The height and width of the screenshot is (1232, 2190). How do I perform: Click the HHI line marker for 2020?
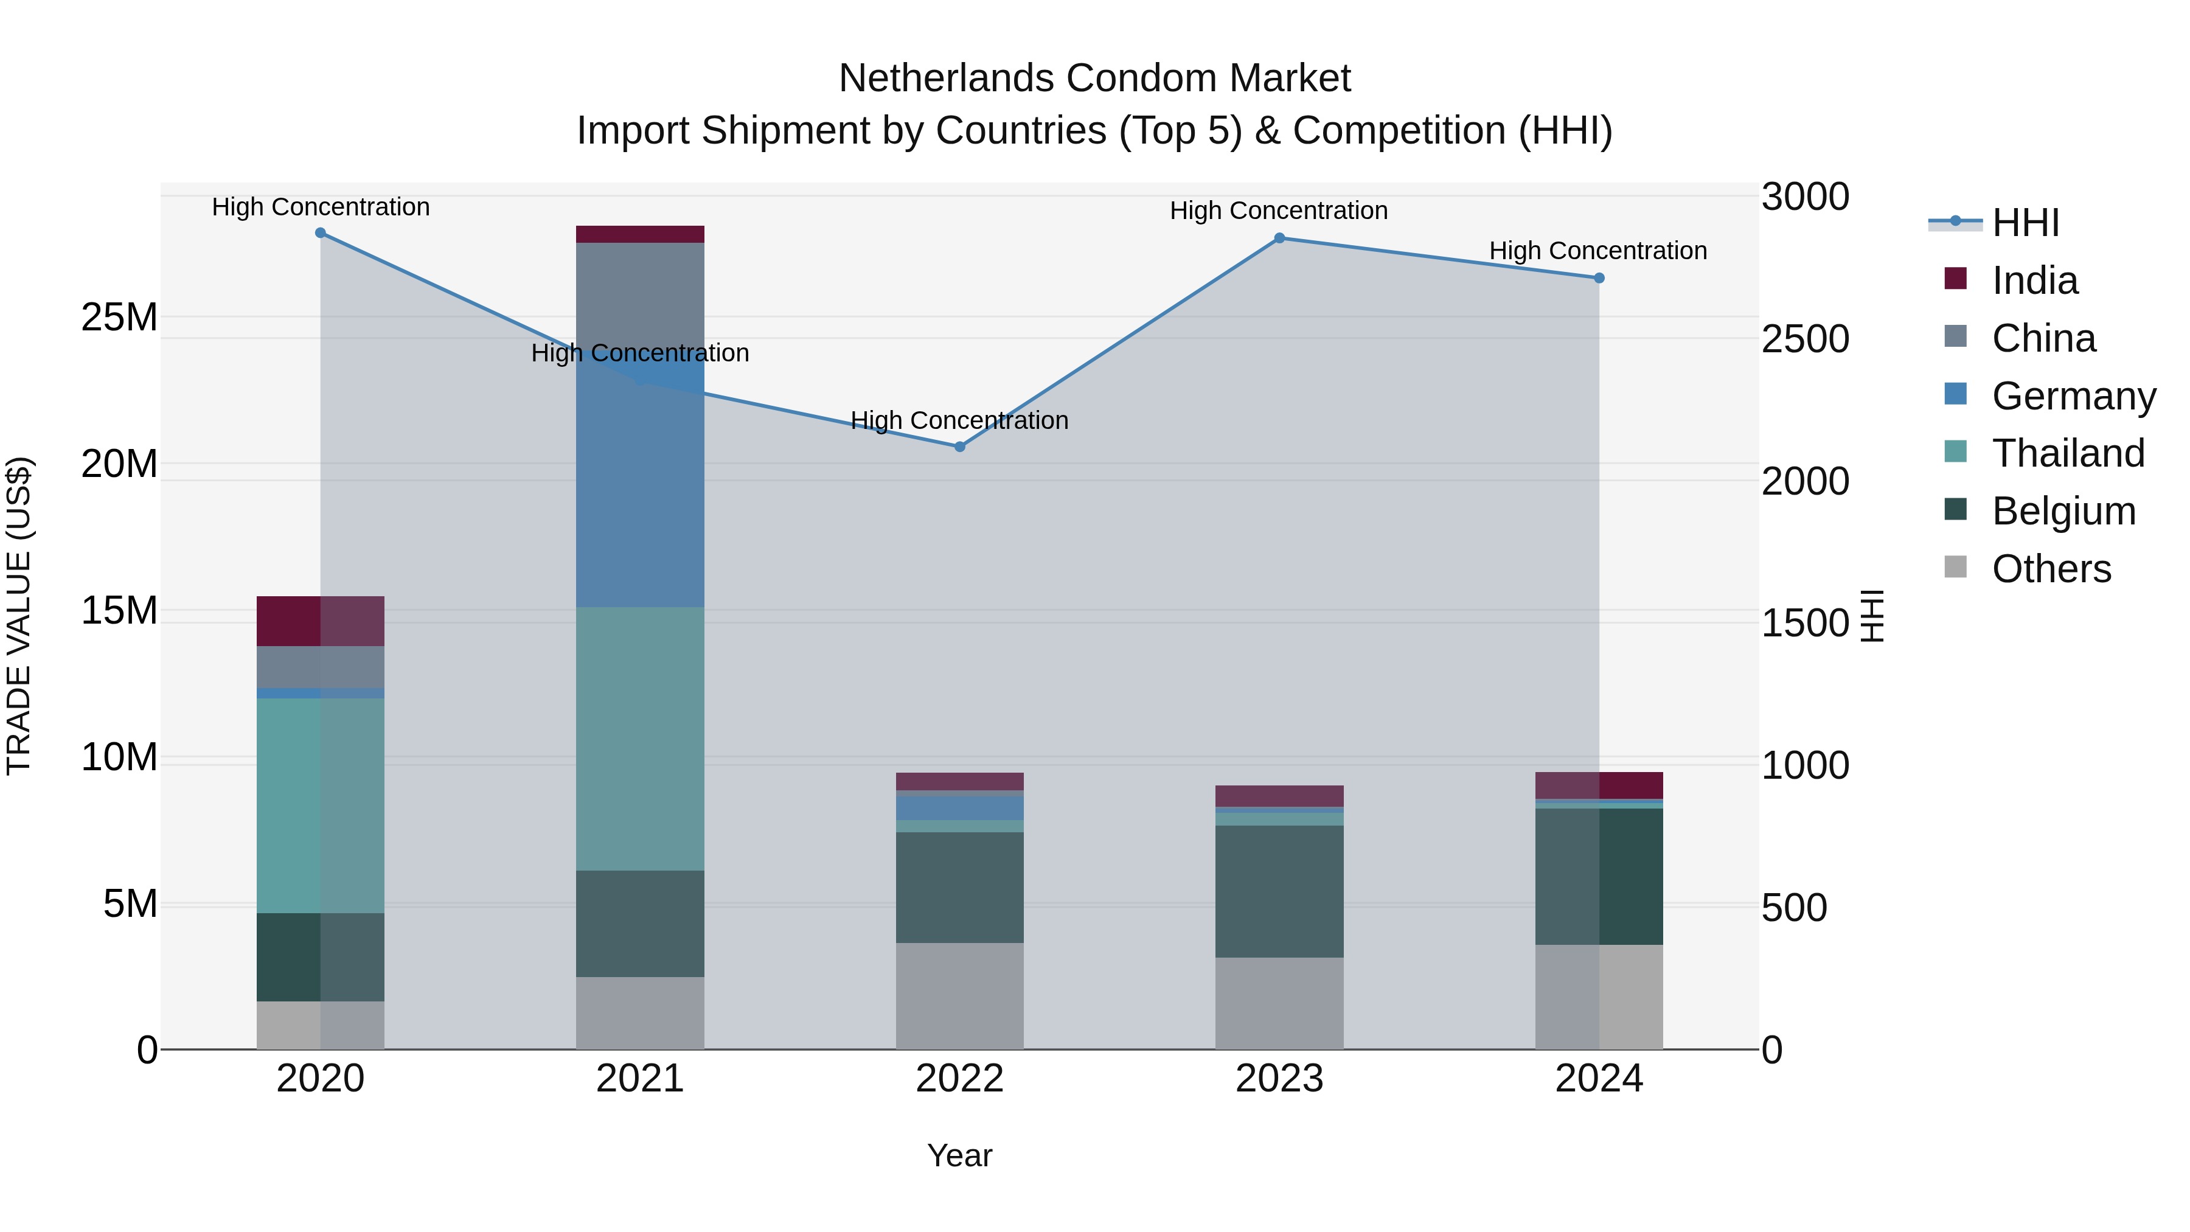[x=321, y=233]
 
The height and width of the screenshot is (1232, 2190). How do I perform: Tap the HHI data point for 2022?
[x=960, y=447]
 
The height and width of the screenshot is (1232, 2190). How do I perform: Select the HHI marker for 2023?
[x=1279, y=238]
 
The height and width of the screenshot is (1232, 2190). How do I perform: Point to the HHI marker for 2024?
[x=1599, y=278]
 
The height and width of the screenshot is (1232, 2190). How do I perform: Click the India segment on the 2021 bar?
[x=640, y=235]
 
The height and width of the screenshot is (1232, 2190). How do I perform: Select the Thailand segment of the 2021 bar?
[x=640, y=738]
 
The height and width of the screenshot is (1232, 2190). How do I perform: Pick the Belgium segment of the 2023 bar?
[x=1279, y=891]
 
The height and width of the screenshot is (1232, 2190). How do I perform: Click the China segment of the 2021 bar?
[x=640, y=298]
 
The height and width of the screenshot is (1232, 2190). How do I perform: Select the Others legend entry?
[x=2051, y=569]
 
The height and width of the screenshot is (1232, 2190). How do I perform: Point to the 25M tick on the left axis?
[x=119, y=317]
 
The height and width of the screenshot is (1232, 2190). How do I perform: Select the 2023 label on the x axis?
[x=1279, y=1079]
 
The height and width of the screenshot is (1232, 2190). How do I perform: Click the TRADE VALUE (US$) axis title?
[x=19, y=616]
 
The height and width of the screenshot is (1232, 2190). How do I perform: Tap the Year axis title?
[x=960, y=1155]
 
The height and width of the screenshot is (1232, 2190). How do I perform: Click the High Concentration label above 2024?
[x=1598, y=251]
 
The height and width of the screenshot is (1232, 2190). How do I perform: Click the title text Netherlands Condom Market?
[x=1094, y=78]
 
